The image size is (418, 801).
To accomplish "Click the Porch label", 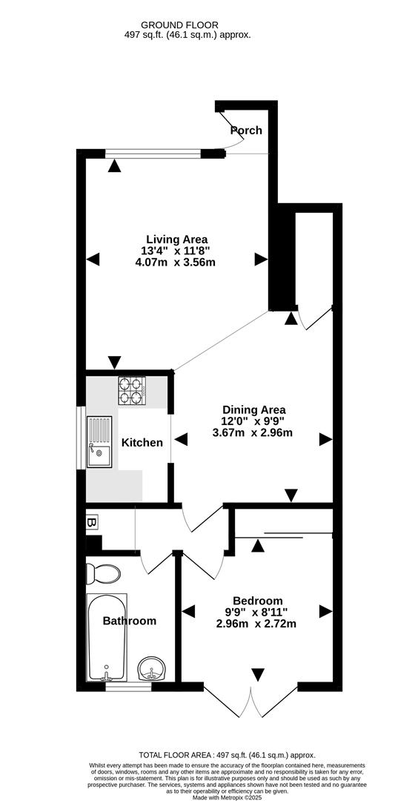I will (x=246, y=131).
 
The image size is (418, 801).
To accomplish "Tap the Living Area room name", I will (x=176, y=239).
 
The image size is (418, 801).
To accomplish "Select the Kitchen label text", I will (x=142, y=443).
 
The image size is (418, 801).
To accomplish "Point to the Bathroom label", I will (x=130, y=621).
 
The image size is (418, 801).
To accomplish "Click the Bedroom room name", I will (x=257, y=601).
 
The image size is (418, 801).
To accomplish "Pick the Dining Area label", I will (x=254, y=409).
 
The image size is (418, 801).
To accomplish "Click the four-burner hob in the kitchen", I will (x=131, y=391).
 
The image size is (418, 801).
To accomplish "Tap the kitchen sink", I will (x=99, y=442).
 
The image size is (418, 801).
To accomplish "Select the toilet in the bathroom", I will (x=102, y=573).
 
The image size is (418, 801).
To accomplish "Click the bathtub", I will (x=110, y=638).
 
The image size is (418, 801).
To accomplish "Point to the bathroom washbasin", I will (x=153, y=669).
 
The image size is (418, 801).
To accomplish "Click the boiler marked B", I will (x=92, y=523).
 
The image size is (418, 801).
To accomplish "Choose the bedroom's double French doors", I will (x=252, y=701).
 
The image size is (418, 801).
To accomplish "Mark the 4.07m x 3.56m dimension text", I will (x=176, y=262).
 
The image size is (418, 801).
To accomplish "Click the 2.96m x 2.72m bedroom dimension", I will (x=256, y=624).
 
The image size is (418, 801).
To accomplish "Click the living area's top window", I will (x=153, y=154).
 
